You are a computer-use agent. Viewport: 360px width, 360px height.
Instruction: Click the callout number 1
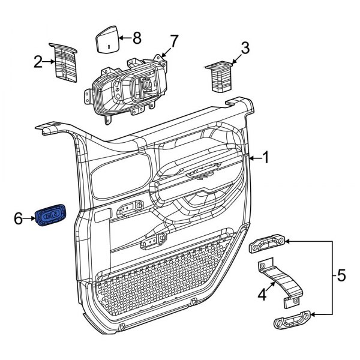coord(265,158)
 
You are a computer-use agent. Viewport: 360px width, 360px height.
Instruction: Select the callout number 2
coord(38,62)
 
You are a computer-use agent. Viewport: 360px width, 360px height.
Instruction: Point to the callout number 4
coord(262,295)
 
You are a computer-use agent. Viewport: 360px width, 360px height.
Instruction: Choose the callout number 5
coord(341,277)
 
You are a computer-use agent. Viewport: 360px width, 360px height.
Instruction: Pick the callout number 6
coord(19,220)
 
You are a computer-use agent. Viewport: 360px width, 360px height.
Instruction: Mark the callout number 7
coord(174,41)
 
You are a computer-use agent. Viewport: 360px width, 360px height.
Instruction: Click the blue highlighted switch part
coord(52,217)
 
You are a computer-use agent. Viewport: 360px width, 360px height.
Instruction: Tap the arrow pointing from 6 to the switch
coord(30,220)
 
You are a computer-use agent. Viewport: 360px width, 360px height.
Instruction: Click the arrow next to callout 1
coord(255,158)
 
